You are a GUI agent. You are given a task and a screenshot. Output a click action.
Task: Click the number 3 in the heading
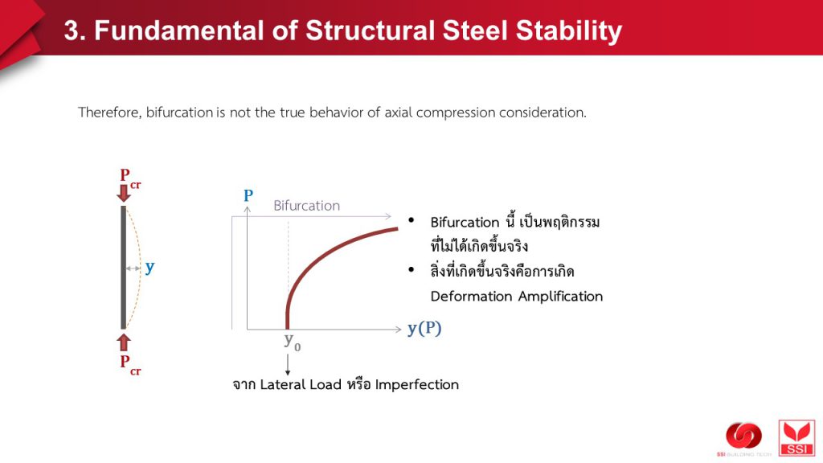tap(72, 31)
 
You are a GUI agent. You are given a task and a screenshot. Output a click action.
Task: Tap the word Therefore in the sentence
tap(109, 113)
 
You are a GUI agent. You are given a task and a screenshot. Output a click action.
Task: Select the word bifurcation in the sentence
tap(179, 113)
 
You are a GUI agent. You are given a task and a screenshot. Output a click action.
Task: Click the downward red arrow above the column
tap(124, 193)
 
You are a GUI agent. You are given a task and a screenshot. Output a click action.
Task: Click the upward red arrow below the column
tap(124, 342)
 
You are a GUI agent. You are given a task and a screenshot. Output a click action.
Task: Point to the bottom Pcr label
tap(130, 364)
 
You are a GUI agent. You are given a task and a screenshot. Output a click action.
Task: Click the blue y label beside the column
tap(150, 268)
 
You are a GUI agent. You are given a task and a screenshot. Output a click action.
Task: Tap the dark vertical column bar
tap(123, 268)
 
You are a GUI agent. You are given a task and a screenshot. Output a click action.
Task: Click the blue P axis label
tap(248, 196)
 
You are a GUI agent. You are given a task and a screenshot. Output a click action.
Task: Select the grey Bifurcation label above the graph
tap(306, 205)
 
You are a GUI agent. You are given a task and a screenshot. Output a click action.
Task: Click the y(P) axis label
tap(424, 329)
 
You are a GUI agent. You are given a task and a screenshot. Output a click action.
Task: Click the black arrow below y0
tap(288, 365)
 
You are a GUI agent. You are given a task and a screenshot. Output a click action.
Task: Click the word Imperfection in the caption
tap(417, 385)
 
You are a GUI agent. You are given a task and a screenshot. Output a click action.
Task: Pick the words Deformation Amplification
tap(517, 297)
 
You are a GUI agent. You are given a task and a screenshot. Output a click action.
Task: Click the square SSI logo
tap(796, 438)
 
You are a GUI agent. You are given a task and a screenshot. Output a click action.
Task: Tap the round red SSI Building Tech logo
tap(743, 436)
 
